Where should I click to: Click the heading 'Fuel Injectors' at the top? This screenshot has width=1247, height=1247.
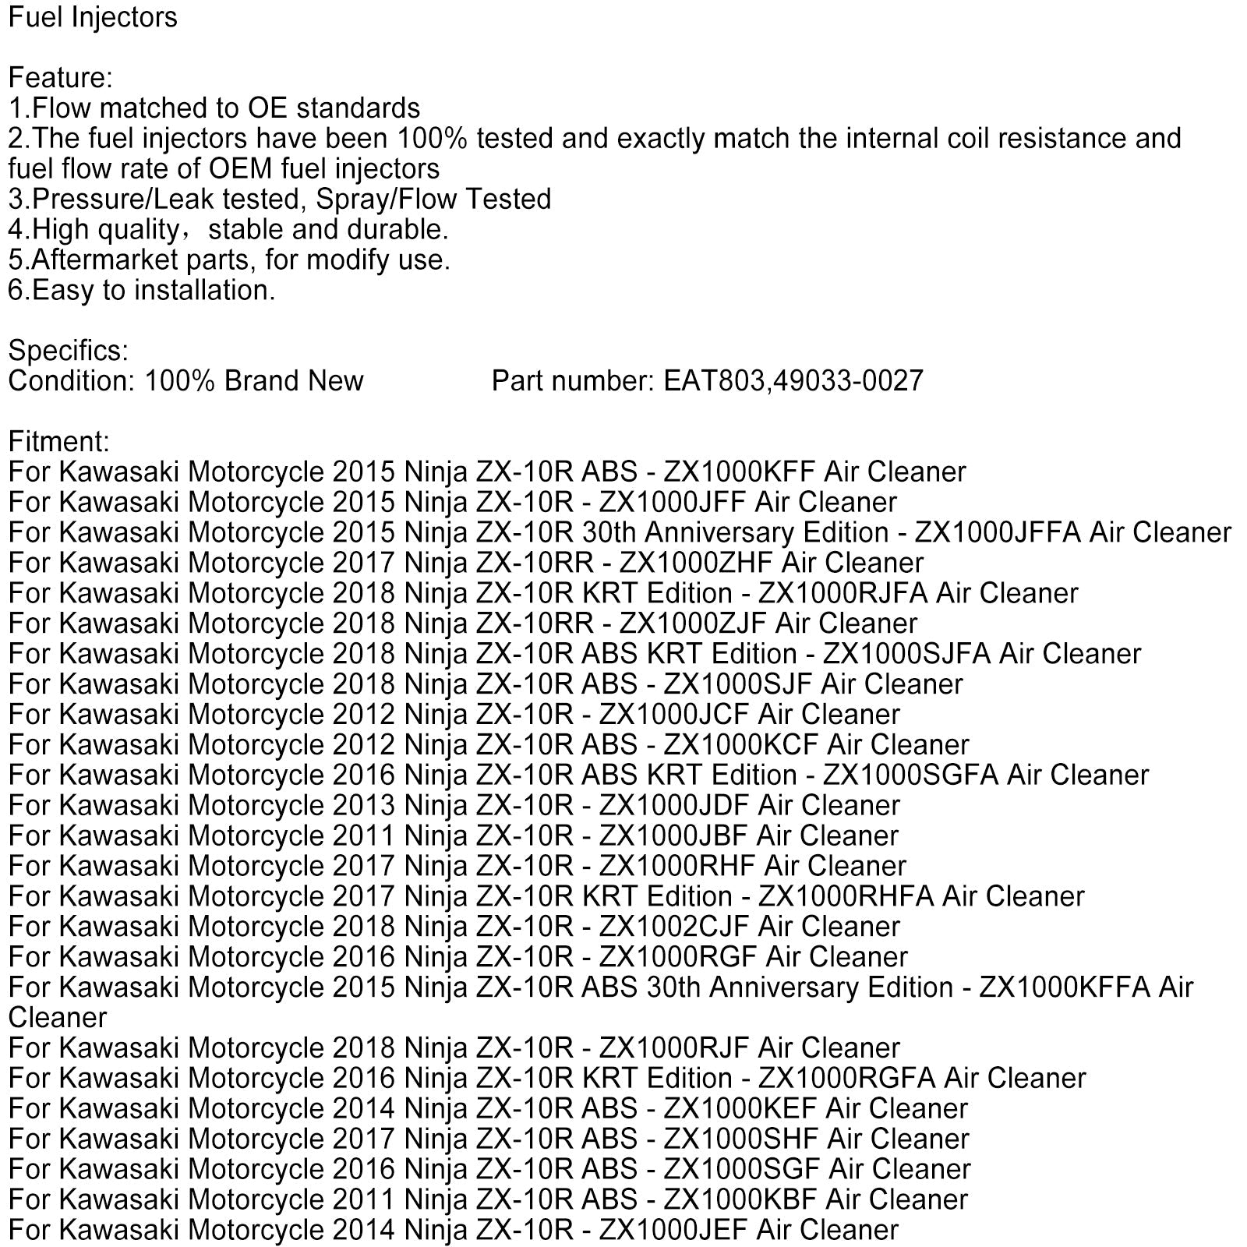[x=93, y=17]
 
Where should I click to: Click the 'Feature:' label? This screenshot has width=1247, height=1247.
[x=61, y=78]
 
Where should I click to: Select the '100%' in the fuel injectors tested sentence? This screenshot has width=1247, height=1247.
[x=432, y=139]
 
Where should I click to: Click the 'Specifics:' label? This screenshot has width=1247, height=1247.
[x=69, y=351]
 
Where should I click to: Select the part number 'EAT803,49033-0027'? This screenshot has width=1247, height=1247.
[x=793, y=381]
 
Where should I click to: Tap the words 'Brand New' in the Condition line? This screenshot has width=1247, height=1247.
[x=294, y=381]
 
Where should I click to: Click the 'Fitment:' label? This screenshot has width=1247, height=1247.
[x=59, y=442]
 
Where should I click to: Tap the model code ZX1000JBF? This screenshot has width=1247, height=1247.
[x=673, y=836]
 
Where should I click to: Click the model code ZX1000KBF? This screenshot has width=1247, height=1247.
[x=740, y=1200]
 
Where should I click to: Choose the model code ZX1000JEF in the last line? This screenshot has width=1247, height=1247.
[x=673, y=1231]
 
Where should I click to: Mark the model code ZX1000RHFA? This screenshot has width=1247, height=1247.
[x=846, y=897]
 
